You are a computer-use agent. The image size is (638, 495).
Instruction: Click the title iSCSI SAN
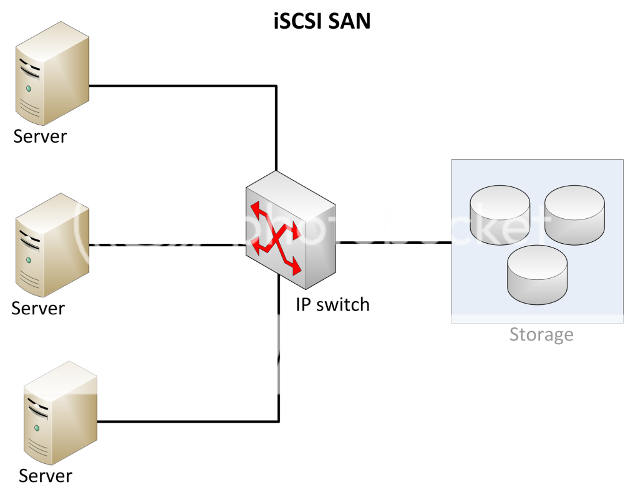(x=322, y=21)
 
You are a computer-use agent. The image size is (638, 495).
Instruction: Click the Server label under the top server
(x=40, y=136)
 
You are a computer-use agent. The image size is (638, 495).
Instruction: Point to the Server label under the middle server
(x=38, y=307)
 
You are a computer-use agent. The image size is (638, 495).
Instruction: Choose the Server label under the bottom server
(x=46, y=476)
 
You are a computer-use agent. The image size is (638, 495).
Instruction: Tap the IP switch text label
(x=332, y=304)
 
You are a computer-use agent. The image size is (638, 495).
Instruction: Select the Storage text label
(x=541, y=334)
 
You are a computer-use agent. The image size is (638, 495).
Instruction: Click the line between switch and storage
(x=393, y=242)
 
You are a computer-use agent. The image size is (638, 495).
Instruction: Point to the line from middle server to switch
(x=168, y=245)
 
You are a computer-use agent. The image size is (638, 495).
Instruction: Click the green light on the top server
(x=27, y=89)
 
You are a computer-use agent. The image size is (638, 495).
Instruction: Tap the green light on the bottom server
(x=37, y=428)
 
